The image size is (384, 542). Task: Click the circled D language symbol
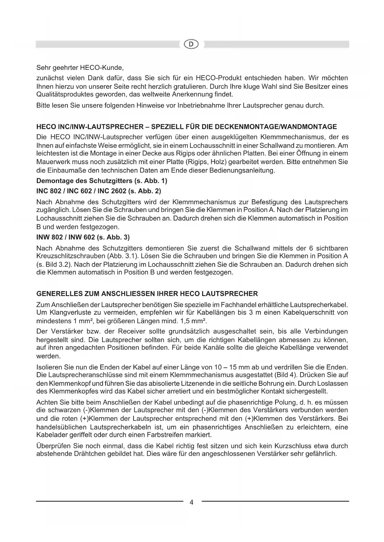pos(192,44)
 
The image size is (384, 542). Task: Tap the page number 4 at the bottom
pos(192,502)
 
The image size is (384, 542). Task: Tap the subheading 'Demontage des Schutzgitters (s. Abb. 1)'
pos(102,180)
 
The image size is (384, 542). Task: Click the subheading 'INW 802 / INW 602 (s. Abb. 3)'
pos(83,237)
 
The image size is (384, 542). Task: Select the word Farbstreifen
pos(168,435)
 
